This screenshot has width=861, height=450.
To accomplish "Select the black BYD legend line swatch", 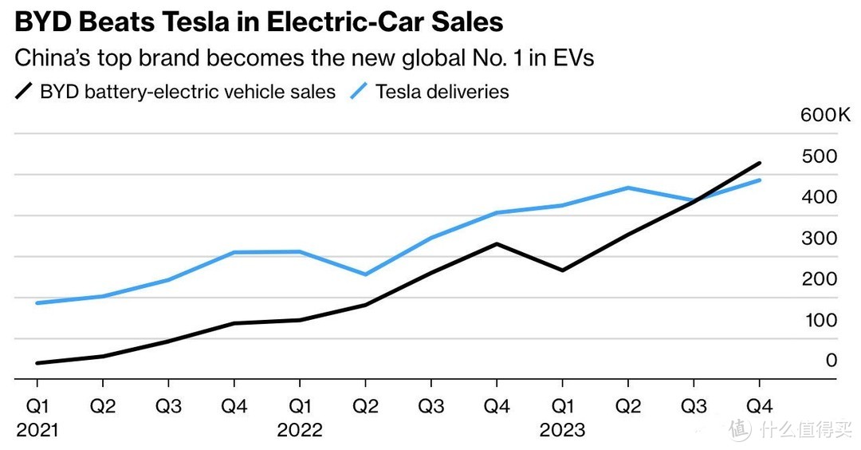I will (24, 92).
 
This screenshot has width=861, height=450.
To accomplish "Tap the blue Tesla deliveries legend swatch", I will (360, 92).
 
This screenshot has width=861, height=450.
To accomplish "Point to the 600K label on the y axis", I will (826, 115).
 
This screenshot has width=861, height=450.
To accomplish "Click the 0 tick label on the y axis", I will (832, 361).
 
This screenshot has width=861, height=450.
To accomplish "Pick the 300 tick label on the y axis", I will (820, 238).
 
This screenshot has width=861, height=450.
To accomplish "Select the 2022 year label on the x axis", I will (300, 430).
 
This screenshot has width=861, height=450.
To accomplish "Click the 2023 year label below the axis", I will (562, 430).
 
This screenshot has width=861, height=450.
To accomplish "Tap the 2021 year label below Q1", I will (37, 430).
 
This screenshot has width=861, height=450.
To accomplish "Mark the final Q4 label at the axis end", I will (759, 406).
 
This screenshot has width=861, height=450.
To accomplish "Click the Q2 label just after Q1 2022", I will (365, 406).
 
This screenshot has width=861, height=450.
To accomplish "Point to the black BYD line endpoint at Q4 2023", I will (759, 163).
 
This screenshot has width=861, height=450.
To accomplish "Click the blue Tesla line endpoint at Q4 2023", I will (759, 180).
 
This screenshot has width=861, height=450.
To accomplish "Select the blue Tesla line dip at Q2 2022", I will (365, 274).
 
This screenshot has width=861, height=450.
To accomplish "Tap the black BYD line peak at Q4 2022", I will (497, 243).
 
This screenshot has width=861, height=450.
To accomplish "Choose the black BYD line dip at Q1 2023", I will (562, 270).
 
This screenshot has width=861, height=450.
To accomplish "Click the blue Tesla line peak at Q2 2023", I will (628, 187).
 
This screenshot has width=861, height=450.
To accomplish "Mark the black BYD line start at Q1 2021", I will (37, 363).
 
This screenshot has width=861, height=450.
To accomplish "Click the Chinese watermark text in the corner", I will (805, 430).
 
